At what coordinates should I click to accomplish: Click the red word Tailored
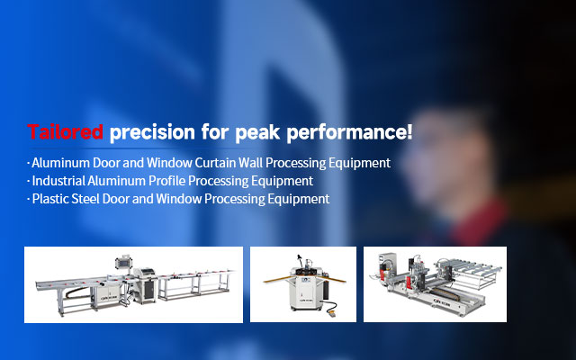65,131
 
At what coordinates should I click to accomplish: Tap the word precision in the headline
152,132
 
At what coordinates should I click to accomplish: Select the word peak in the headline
257,132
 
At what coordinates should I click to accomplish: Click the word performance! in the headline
349,132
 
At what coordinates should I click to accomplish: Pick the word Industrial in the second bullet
58,181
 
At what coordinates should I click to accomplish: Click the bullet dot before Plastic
28,199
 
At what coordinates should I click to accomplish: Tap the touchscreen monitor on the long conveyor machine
123,262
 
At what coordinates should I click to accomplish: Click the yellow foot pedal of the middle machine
332,313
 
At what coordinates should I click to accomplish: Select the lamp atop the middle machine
300,258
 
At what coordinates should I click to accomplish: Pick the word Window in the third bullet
179,199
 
